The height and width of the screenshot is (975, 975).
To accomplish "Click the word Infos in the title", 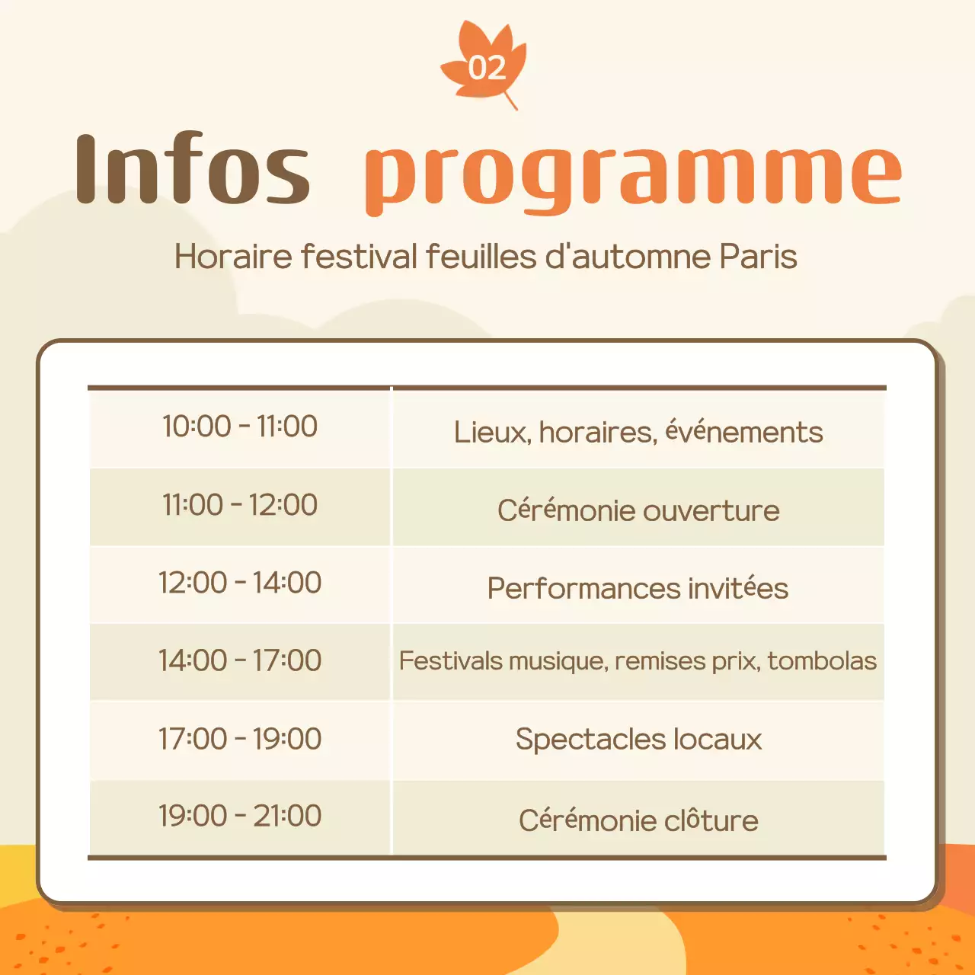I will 193,169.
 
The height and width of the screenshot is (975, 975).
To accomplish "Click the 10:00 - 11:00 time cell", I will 240,427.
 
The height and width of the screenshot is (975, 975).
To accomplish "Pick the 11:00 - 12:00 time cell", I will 240,505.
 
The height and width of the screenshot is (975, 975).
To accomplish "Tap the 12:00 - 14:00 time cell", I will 240,583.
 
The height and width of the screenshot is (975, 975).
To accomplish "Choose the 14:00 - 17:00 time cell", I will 240,660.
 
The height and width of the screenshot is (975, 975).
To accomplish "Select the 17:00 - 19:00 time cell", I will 240,739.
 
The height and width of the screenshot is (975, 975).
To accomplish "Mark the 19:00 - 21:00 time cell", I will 240,816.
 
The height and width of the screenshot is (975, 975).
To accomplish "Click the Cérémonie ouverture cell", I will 638,510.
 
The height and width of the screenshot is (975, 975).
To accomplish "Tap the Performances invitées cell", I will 638,588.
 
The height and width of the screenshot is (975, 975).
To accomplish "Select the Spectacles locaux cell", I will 638,740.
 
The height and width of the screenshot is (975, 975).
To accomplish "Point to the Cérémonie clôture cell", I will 638,820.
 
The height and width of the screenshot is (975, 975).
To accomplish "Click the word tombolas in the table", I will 822,660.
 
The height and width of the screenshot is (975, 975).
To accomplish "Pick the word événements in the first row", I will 743,432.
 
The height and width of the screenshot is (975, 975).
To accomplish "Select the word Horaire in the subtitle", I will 233,257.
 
